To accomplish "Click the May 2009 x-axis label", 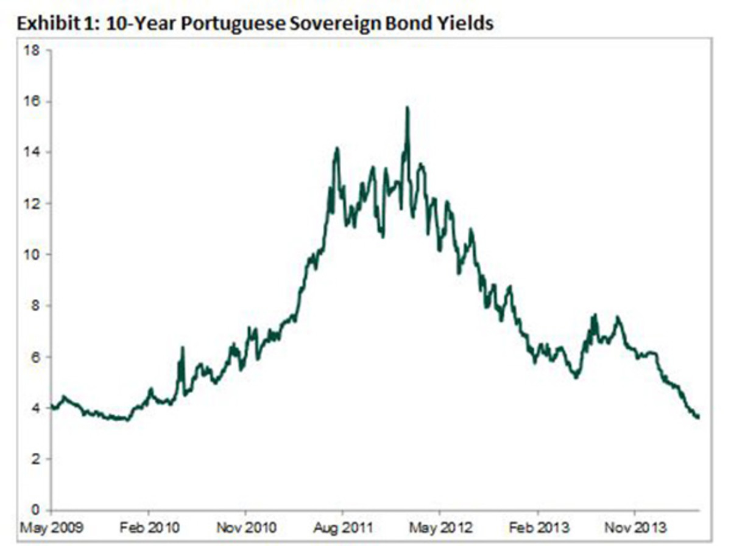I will pyautogui.click(x=51, y=527).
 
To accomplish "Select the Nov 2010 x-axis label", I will pyautogui.click(x=245, y=527).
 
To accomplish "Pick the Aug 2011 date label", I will pyautogui.click(x=342, y=527).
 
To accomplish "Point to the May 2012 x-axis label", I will pyautogui.click(x=440, y=527).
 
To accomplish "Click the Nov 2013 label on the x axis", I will pyautogui.click(x=634, y=527).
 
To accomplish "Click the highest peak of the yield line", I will pyautogui.click(x=407, y=108).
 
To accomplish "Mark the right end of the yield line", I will pyautogui.click(x=698, y=417).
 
